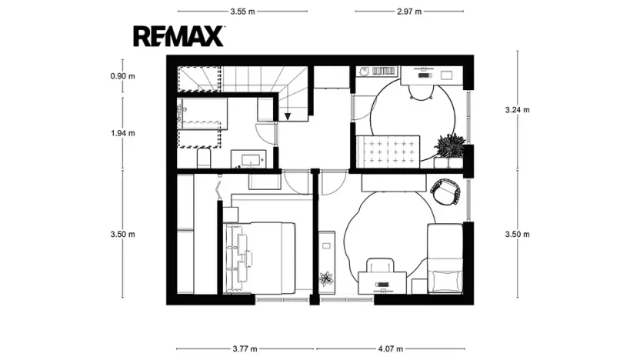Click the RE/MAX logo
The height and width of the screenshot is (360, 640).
(178, 36)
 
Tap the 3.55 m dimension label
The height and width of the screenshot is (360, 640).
(242, 12)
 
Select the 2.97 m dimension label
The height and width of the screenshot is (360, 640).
(409, 12)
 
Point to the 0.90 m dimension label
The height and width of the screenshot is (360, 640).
(122, 76)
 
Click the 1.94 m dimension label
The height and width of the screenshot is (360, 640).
(122, 133)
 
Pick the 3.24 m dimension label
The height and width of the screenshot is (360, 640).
(517, 109)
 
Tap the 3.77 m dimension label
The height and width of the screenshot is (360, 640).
(245, 348)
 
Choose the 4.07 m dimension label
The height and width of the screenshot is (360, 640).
(391, 348)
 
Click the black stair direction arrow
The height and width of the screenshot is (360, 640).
(288, 117)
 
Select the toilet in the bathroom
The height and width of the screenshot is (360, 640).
(204, 158)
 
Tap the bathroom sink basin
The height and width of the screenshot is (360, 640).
(249, 158)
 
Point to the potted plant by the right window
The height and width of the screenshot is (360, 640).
(450, 145)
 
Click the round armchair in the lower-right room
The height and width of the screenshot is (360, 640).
(445, 192)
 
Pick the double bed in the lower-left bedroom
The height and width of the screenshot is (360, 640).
(259, 258)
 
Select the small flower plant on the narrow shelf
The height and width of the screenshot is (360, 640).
(326, 278)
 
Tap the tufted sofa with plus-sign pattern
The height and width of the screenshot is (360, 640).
(388, 152)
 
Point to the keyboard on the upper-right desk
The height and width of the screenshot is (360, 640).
(425, 76)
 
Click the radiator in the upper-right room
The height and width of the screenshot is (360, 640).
(384, 72)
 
